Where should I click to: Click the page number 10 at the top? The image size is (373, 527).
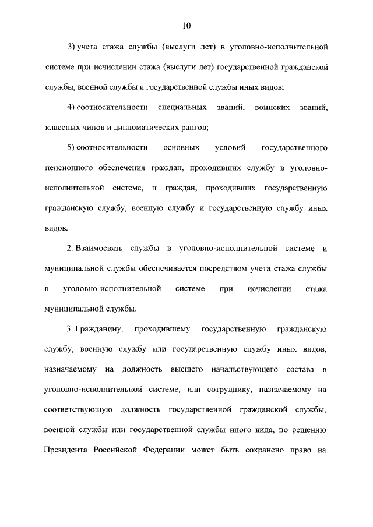click(186, 26)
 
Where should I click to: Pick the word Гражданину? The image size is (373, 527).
click(100, 329)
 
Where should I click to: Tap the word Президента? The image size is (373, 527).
click(65, 450)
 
